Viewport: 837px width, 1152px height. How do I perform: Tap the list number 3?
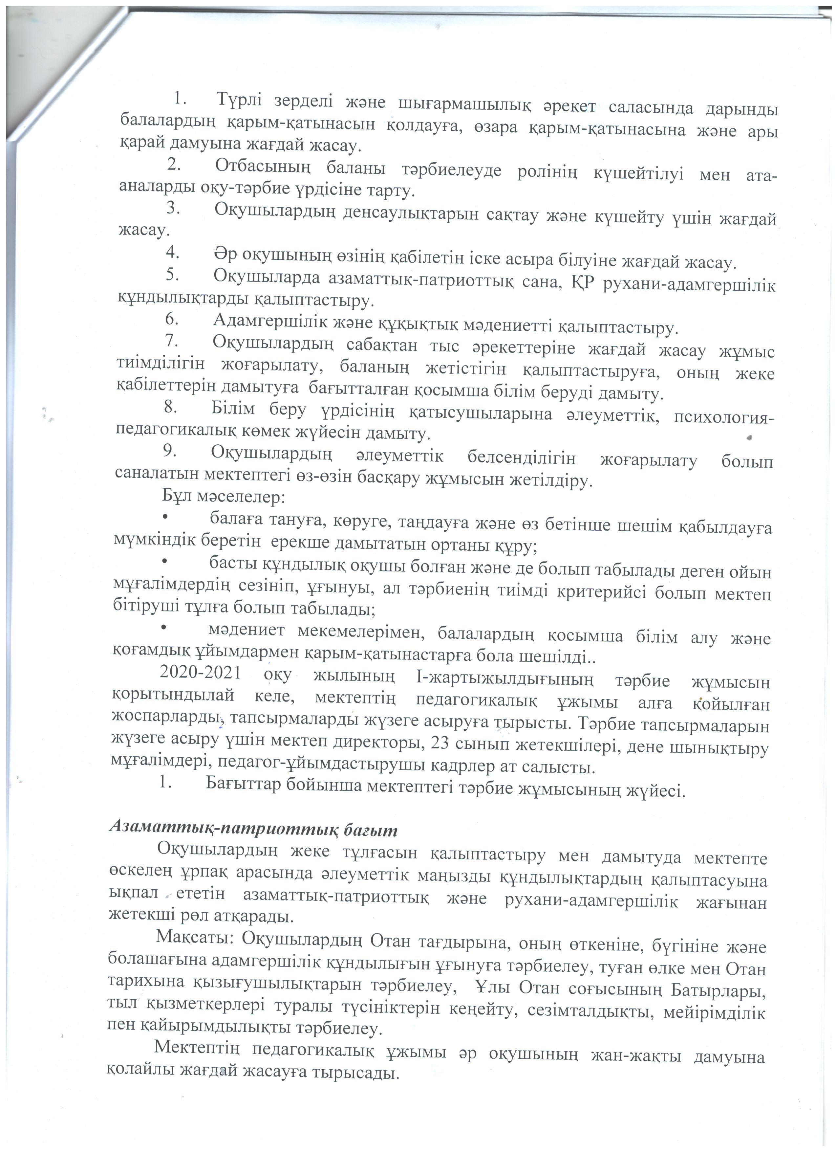(x=172, y=208)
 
